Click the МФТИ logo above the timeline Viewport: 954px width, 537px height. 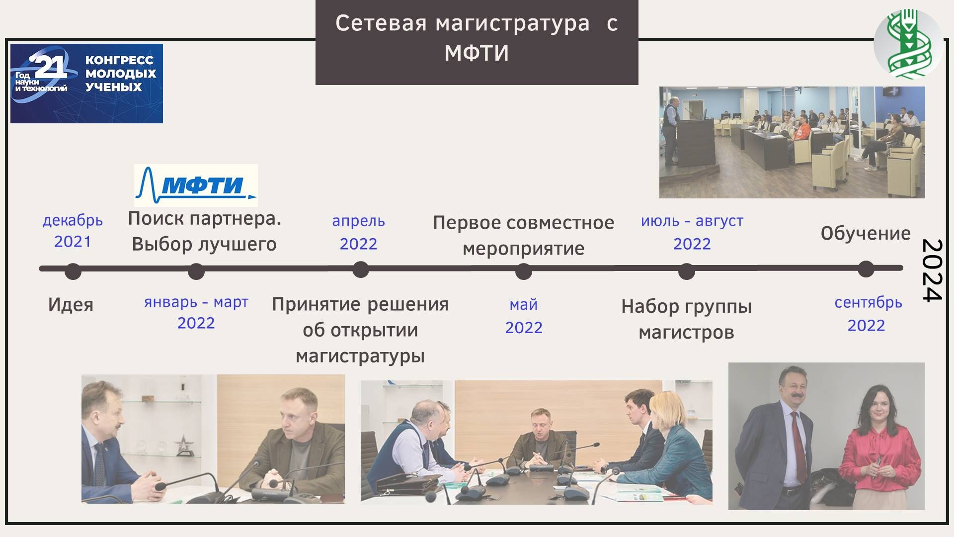point(196,185)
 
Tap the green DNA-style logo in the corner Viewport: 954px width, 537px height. point(908,43)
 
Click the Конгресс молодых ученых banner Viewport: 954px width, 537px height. point(86,84)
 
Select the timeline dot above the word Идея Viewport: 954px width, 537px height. point(73,271)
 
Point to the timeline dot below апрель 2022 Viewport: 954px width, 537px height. point(360,269)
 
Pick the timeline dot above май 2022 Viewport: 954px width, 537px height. point(524,271)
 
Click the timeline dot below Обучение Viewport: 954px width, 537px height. point(866,269)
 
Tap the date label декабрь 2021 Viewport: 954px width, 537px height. point(73,231)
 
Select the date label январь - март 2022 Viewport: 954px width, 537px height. point(196,312)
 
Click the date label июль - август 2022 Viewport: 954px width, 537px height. point(692,232)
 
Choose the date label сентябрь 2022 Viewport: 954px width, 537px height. point(868,313)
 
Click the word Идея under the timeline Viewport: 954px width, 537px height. point(71,304)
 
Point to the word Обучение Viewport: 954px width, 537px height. point(866,234)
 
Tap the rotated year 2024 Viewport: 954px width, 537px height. point(932,270)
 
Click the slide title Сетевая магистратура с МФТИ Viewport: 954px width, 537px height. point(477,38)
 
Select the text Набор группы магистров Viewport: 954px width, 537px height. point(686,319)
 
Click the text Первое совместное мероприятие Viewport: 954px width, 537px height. point(524,235)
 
